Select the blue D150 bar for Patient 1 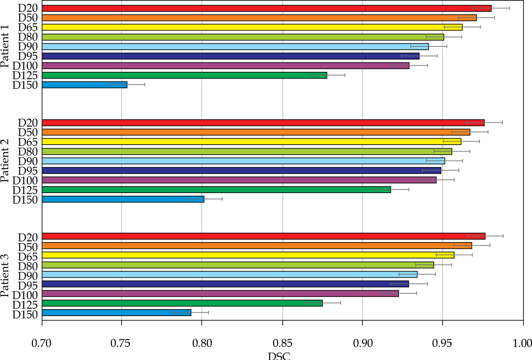(x=84, y=85)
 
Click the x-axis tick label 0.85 (x=282, y=343)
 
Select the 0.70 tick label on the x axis (x=41, y=343)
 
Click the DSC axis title (x=279, y=356)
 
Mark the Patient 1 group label (x=5, y=46)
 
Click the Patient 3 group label (x=5, y=275)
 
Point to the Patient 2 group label (x=5, y=161)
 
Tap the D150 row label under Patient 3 (x=25, y=315)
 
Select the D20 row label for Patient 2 (x=28, y=123)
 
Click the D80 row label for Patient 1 (x=28, y=37)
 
